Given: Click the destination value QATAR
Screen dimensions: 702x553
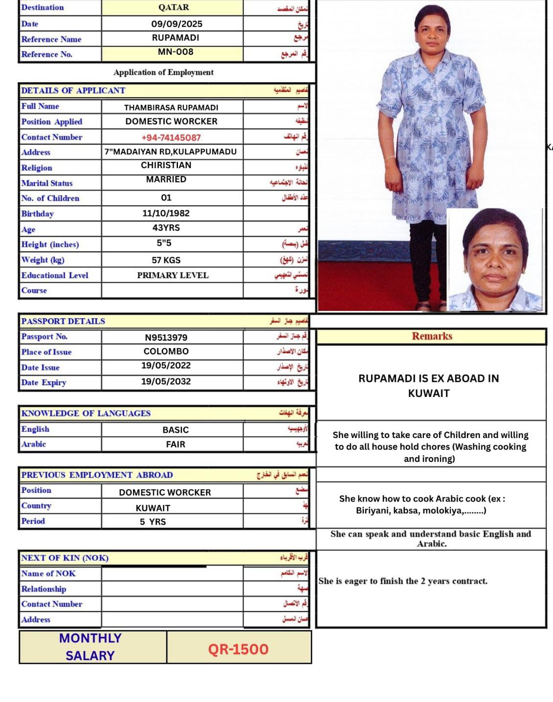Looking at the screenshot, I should click(174, 7).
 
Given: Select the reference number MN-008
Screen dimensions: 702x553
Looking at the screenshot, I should click(176, 52).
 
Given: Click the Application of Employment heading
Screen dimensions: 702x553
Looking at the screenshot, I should click(163, 72).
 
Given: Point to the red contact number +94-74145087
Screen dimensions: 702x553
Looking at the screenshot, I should click(171, 138).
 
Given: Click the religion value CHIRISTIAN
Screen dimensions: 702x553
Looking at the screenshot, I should click(166, 165).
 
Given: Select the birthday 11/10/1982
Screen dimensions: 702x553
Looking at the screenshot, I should click(166, 213).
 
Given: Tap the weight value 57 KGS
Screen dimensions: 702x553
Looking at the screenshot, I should click(166, 260).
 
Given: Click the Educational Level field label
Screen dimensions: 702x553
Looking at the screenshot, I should click(55, 275).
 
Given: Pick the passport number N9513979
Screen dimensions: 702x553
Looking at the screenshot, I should click(166, 337).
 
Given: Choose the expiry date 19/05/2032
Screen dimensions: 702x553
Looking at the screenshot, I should click(166, 381).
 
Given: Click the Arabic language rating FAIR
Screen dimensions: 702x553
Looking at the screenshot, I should click(176, 444).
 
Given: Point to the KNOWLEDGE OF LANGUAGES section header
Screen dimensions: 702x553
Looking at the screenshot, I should click(86, 414).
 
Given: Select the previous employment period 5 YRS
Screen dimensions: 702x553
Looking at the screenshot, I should click(153, 522).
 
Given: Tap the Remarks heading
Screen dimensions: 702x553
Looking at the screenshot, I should click(432, 336).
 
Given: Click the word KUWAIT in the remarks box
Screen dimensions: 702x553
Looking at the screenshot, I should click(429, 394).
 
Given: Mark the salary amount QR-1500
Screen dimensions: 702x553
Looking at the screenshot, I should click(238, 649).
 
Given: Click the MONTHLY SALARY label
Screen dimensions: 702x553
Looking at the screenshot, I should click(90, 647).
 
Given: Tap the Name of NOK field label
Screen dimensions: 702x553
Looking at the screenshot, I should click(48, 573).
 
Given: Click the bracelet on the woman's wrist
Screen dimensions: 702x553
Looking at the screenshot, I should click(390, 158).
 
